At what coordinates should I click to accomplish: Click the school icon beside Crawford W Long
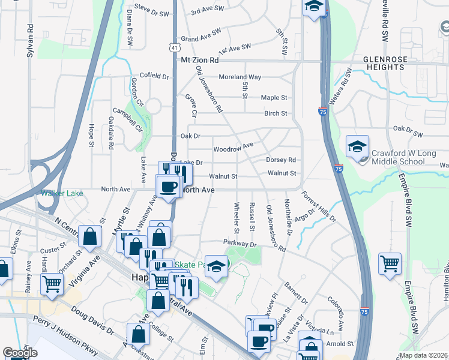(x=357, y=145)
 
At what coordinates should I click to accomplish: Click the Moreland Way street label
(x=240, y=77)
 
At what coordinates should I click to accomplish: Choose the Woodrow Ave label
(x=234, y=147)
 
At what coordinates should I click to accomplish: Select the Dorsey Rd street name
(x=282, y=160)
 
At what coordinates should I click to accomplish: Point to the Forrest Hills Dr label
(x=319, y=205)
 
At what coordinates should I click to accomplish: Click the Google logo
(x=20, y=353)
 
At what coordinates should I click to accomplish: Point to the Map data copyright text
(x=423, y=355)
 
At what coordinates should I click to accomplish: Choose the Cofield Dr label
(x=155, y=76)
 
